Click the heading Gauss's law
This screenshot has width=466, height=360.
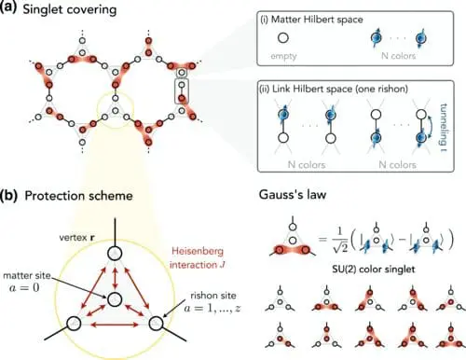click(x=297, y=196)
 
